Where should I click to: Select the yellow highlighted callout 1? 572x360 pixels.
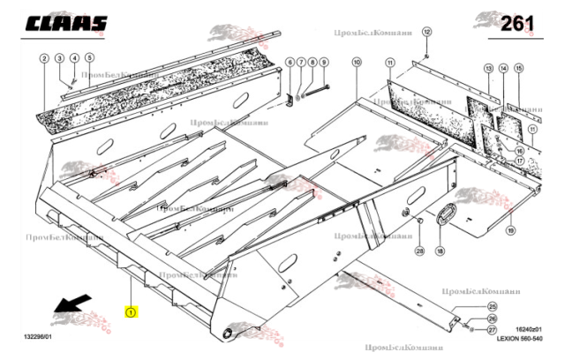click(x=131, y=311)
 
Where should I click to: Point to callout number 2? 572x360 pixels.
click(x=43, y=59)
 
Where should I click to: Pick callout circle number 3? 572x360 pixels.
click(x=59, y=59)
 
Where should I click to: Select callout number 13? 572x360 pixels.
click(x=487, y=68)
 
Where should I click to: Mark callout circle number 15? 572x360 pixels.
click(x=518, y=68)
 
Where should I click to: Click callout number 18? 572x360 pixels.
click(x=441, y=251)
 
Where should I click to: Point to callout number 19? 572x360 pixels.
click(x=510, y=229)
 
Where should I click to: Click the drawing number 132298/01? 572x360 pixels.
click(x=38, y=337)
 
